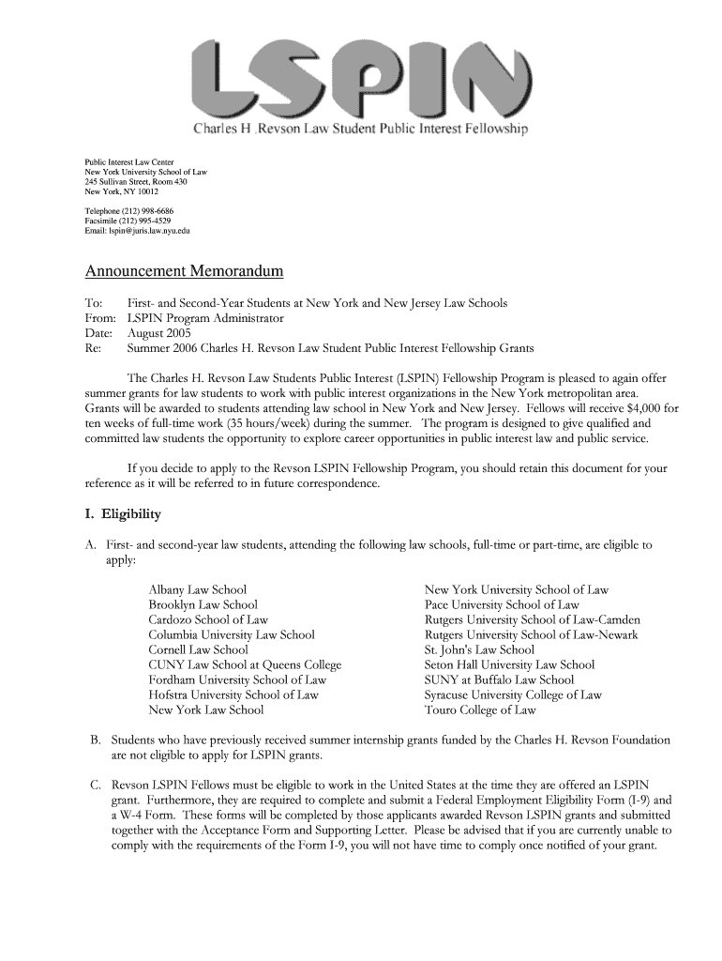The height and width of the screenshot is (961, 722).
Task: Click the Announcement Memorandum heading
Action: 184,272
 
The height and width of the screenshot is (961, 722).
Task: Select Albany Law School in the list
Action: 197,589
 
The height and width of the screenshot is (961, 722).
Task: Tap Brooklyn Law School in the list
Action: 203,604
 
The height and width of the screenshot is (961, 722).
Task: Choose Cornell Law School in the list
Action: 198,649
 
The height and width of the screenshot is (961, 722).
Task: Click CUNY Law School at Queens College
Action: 245,664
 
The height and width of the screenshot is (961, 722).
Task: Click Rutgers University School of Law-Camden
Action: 532,619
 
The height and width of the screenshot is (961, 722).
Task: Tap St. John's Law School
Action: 479,649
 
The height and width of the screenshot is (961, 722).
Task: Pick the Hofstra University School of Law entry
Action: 233,694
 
